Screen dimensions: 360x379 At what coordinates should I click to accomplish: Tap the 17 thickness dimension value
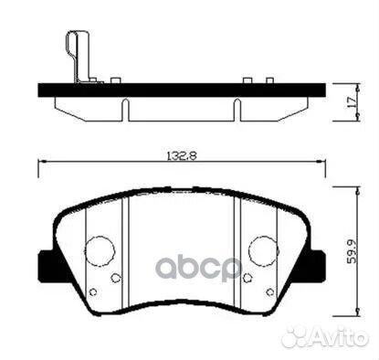click(352, 100)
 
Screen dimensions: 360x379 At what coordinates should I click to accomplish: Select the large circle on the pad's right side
click(263, 249)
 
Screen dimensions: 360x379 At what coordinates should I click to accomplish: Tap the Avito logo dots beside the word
click(295, 337)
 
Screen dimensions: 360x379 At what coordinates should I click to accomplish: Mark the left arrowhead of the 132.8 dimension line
click(40, 164)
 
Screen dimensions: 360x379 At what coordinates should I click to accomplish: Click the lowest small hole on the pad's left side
click(94, 291)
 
